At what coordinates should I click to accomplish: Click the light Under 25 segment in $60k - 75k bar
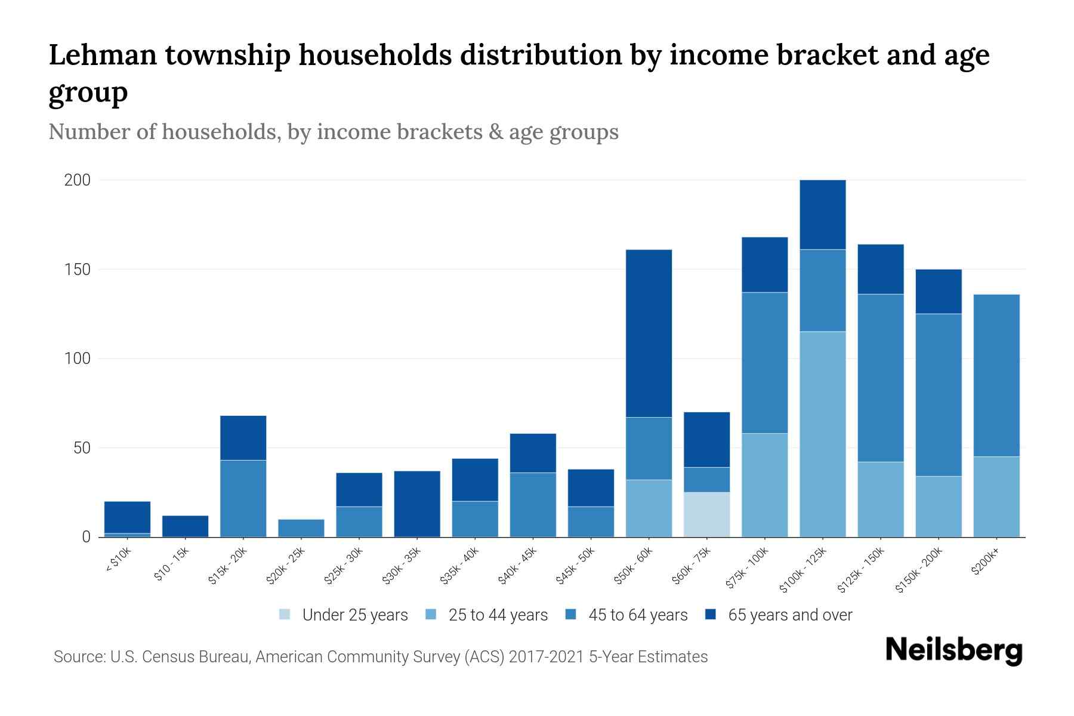(x=706, y=514)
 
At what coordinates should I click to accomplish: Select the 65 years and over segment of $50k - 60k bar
(x=649, y=333)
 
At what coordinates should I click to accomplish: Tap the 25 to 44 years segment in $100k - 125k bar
(x=823, y=434)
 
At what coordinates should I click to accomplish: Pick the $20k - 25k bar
(x=301, y=528)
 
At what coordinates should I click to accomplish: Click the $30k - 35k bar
(x=417, y=504)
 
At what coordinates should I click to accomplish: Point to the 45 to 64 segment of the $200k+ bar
(x=996, y=375)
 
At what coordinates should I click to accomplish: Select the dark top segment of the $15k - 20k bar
(x=243, y=437)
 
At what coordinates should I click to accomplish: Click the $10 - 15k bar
(x=185, y=526)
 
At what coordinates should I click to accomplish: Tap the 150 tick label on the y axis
(x=77, y=270)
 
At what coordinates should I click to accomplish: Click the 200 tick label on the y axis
(x=77, y=180)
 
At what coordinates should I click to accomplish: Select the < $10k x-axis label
(x=118, y=560)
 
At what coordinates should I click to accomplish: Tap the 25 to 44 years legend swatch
(x=431, y=615)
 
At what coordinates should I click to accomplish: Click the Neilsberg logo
(x=954, y=650)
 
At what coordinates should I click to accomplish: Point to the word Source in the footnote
(x=78, y=657)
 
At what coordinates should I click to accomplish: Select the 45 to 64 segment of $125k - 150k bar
(x=881, y=378)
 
